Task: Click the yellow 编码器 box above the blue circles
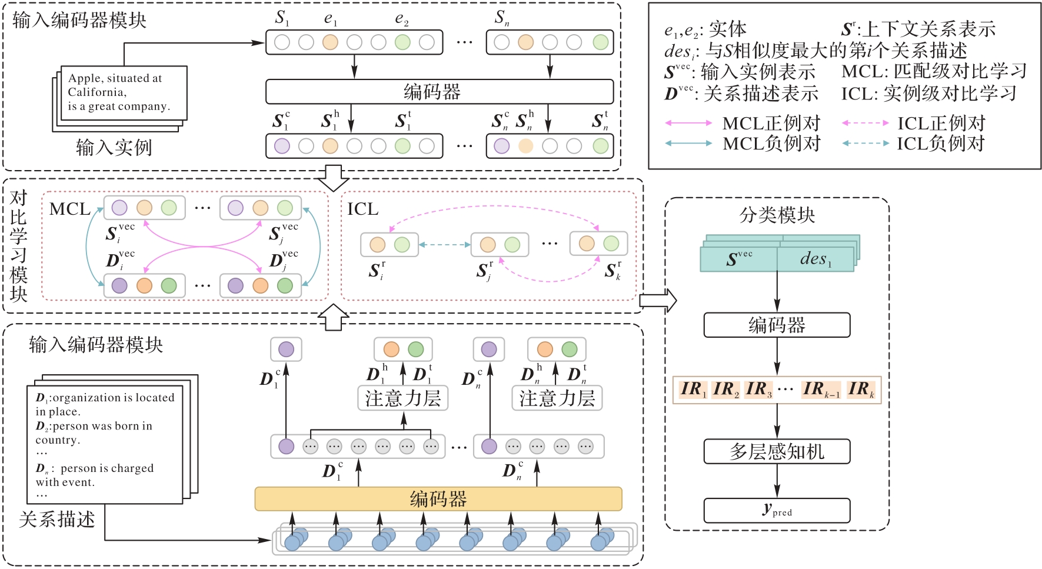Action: (438, 499)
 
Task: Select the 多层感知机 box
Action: (777, 451)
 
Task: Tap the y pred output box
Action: (777, 510)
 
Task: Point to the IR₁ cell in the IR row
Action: (693, 390)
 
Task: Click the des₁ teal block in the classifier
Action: (815, 259)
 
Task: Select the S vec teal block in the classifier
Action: (739, 259)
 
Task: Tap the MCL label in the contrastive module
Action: (69, 209)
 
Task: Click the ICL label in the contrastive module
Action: (362, 209)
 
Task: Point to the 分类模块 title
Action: (777, 215)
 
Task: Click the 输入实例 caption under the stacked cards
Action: (114, 147)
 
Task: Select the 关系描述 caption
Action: (56, 520)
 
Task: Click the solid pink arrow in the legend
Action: (688, 123)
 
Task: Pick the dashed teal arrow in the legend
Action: (865, 143)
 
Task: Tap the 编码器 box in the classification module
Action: (777, 325)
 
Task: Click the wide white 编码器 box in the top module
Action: (439, 92)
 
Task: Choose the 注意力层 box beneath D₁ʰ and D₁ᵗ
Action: (403, 398)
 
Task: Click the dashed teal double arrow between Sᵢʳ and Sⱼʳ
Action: (445, 244)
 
